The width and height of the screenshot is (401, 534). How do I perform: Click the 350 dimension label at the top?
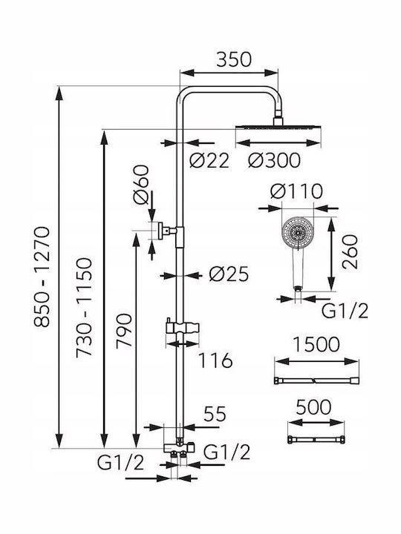point(234,59)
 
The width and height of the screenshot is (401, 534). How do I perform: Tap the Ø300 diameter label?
point(275,160)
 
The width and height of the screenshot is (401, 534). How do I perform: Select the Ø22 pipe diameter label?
point(209,160)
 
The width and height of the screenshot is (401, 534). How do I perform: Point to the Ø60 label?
point(142,185)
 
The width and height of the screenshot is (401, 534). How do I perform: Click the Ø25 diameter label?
point(229,274)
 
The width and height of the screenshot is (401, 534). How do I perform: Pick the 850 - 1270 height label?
point(42,277)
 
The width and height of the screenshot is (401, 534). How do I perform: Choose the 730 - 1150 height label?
point(84,307)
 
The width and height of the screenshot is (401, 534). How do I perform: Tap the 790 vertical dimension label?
point(124,330)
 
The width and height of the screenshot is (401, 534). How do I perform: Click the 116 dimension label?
point(215,360)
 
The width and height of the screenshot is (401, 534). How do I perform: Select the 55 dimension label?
point(215,414)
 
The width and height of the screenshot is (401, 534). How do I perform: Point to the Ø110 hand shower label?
point(296,191)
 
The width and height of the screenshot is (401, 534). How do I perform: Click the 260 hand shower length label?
point(351,252)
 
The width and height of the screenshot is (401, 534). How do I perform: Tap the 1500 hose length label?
point(316,344)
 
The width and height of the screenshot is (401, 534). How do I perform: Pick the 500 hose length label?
point(313,407)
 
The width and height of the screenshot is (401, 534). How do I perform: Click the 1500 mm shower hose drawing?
point(317,380)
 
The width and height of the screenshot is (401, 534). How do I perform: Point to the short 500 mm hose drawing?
point(316,440)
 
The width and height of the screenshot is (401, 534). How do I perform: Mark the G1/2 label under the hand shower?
point(345,311)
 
